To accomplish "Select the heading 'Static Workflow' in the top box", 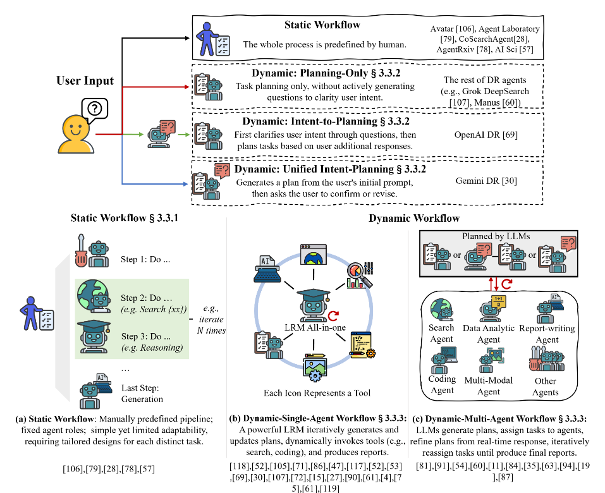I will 322,25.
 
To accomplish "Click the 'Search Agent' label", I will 441,333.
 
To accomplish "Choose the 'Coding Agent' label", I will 442,385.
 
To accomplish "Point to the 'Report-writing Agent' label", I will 547,334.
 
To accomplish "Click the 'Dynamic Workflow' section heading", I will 413,218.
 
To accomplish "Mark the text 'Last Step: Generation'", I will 142,393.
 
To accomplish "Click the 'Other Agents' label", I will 545,386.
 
